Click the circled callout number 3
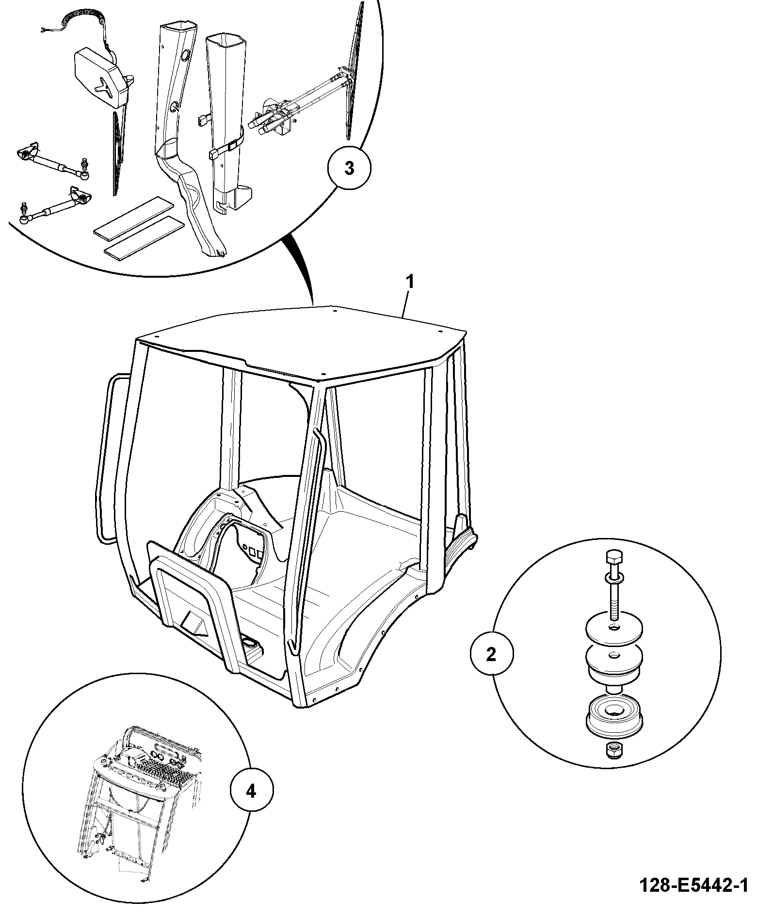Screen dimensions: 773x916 [349, 168]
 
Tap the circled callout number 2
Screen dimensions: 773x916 [491, 655]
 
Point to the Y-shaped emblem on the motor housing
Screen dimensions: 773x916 [104, 87]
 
